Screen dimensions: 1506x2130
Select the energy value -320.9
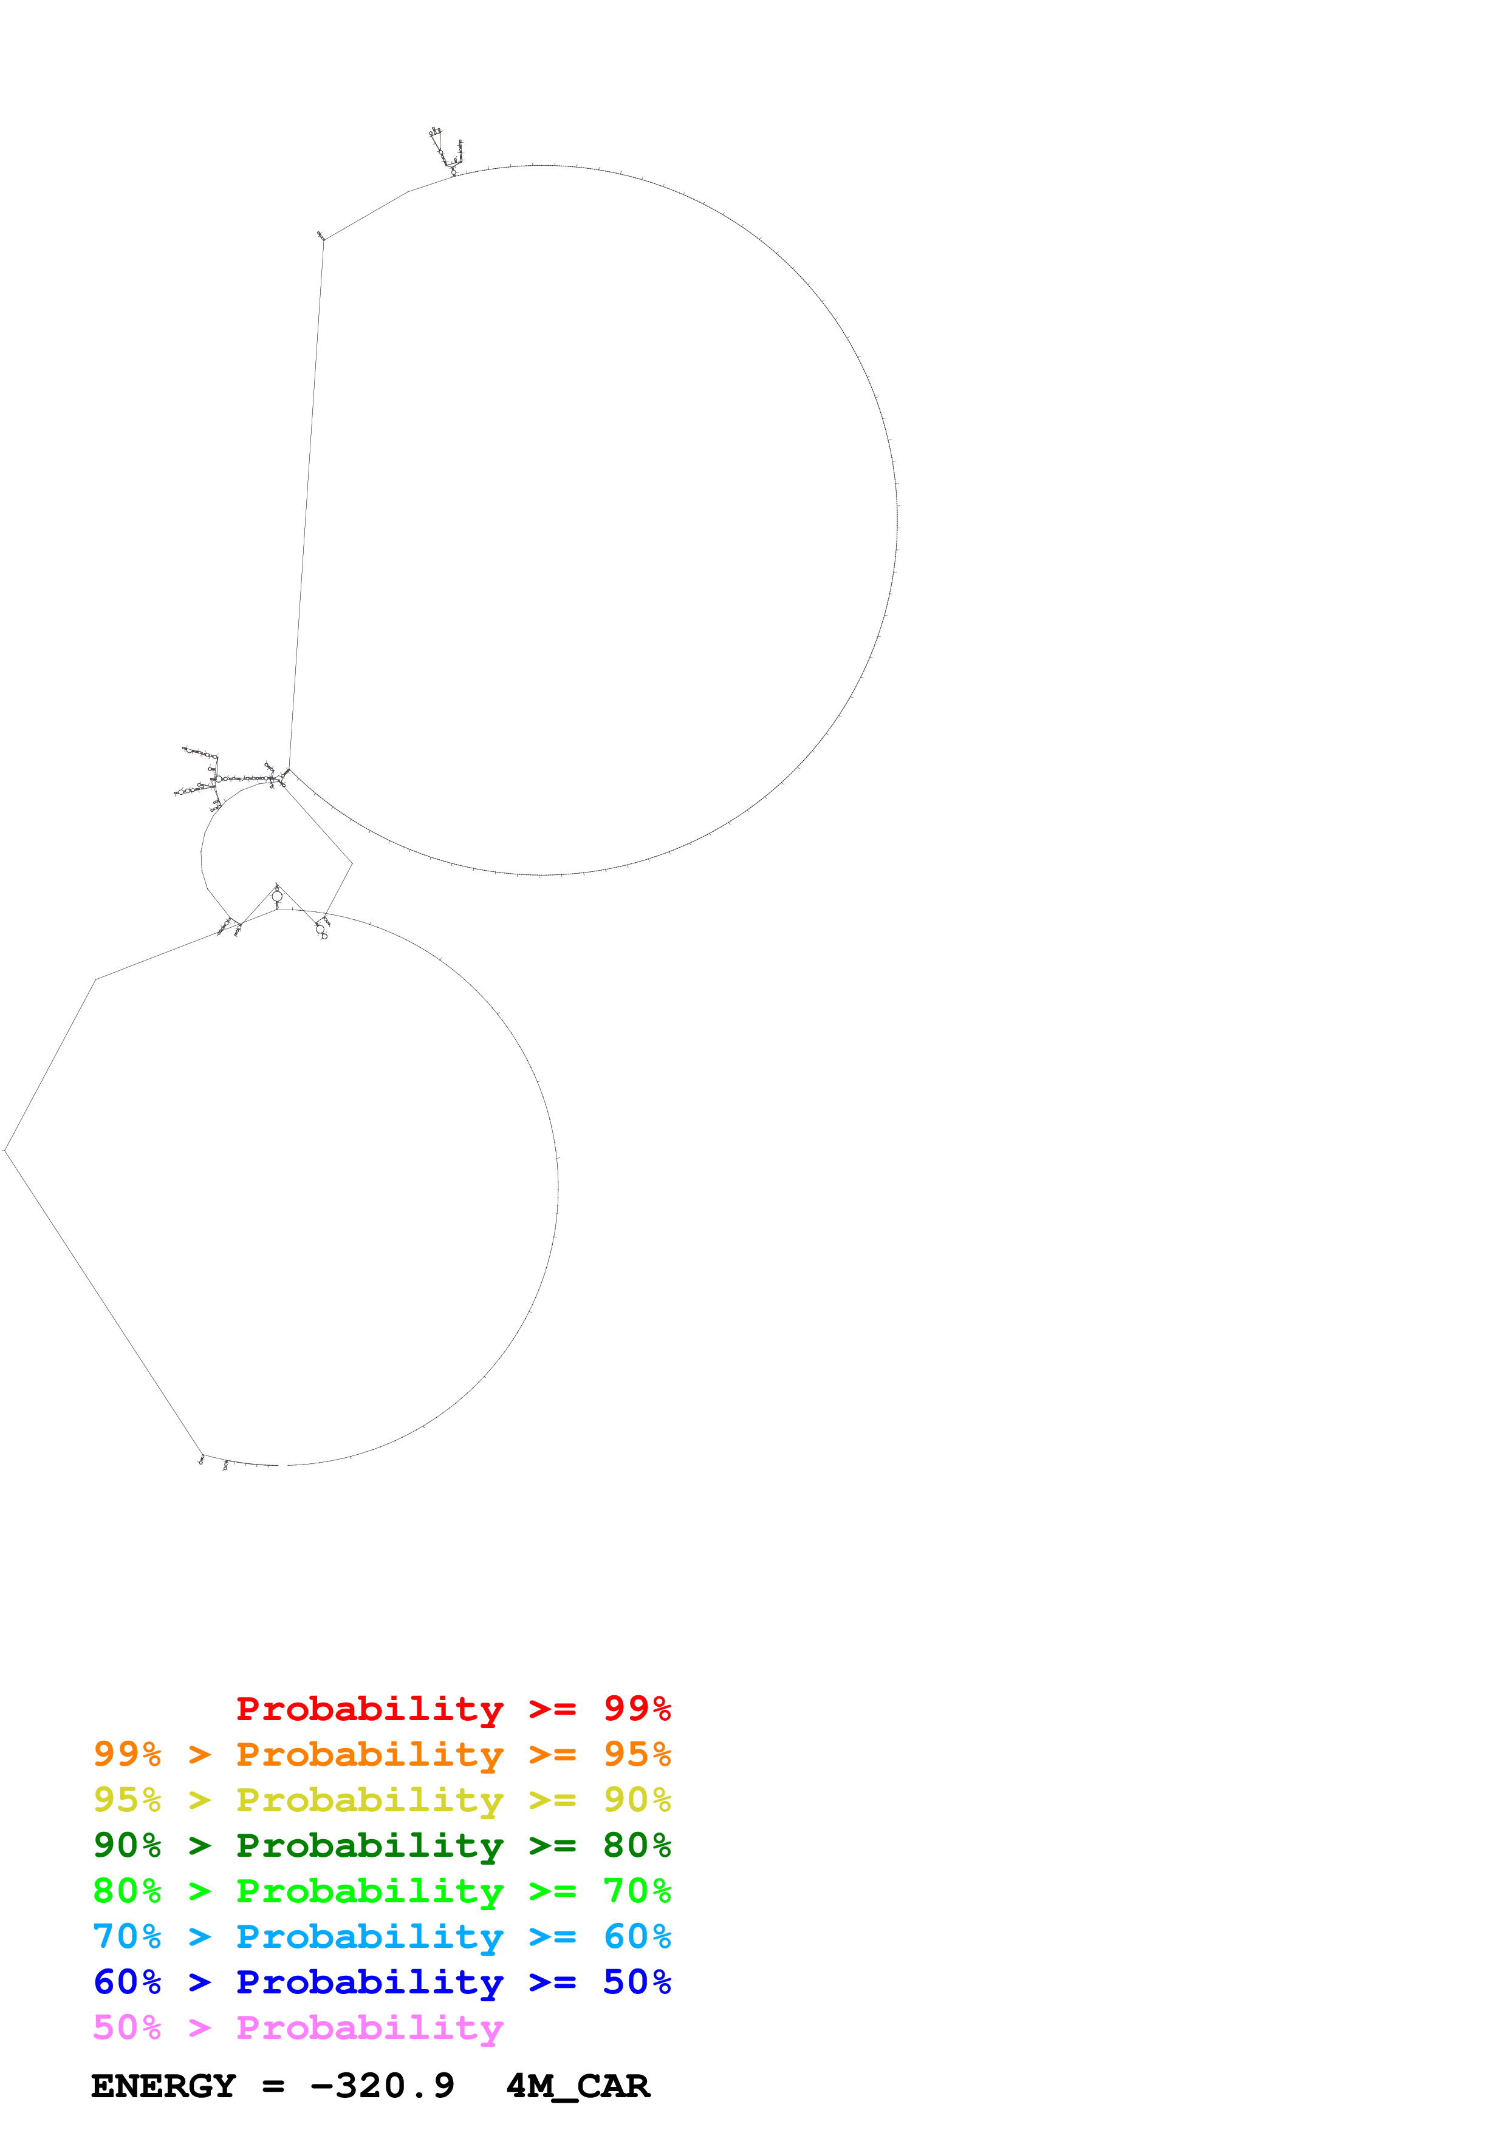click(382, 2086)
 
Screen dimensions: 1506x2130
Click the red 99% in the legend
click(637, 1708)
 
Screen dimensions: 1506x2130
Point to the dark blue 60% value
click(126, 1982)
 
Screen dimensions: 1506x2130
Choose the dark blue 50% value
click(637, 1982)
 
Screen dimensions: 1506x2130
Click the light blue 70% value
click(126, 1936)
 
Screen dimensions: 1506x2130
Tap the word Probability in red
click(369, 1708)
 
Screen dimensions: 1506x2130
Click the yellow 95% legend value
click(126, 1800)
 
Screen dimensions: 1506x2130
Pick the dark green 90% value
click(126, 1845)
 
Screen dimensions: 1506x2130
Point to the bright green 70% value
click(637, 1891)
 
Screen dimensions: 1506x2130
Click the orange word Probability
click(369, 1754)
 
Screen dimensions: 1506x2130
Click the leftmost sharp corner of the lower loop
click(5, 1151)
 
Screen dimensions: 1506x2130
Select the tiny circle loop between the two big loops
click(276, 896)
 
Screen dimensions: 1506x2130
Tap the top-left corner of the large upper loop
click(323, 239)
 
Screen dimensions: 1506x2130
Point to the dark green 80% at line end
click(637, 1845)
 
